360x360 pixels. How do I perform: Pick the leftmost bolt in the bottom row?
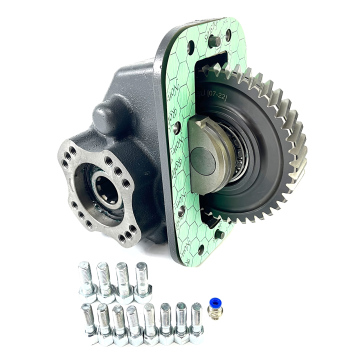[84, 323]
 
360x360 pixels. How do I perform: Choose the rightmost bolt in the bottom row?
[195, 318]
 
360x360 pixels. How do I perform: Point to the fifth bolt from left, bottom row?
[150, 321]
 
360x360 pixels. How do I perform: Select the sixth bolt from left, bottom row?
[166, 320]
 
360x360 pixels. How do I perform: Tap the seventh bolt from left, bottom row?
[181, 319]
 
